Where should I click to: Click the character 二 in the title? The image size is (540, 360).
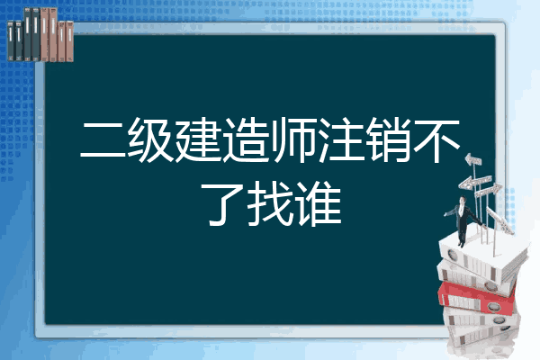103,139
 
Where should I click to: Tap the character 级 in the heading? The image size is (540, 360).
149,139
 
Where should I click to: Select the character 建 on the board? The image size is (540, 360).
198,139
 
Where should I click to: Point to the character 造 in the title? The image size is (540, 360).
246,139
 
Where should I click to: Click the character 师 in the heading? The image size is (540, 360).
293,139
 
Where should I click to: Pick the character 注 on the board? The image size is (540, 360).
342,139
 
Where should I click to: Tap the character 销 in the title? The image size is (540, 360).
389,139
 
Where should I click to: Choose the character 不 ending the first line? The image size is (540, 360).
437,140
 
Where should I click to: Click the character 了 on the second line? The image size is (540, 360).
222,204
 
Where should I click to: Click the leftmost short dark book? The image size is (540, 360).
11,41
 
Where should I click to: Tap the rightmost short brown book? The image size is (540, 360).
70,41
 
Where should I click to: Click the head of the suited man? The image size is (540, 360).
463,200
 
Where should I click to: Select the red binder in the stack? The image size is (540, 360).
476,297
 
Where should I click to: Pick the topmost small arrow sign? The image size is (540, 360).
473,159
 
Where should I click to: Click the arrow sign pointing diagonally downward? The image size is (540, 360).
500,221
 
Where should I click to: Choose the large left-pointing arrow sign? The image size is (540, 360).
474,182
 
